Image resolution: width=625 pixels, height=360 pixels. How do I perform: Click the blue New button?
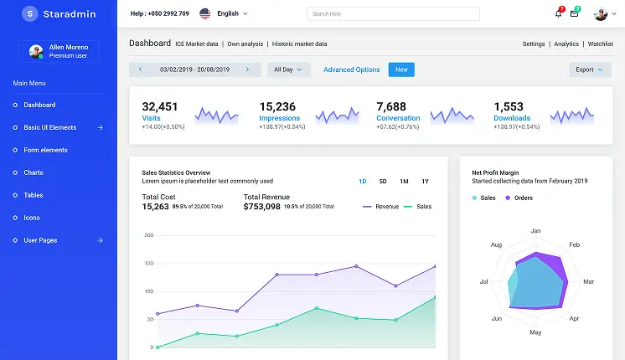401,69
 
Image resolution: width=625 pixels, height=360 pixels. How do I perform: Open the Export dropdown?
590,69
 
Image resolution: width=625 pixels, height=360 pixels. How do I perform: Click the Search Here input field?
393,13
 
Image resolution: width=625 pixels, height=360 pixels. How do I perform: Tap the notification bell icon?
559,13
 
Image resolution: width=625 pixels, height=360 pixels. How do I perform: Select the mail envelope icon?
574,13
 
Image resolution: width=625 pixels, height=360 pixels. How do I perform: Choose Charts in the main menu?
34,172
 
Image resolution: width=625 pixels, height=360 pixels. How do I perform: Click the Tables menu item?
34,195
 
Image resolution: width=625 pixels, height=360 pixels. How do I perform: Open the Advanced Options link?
352,69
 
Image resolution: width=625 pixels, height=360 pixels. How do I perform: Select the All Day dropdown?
288,69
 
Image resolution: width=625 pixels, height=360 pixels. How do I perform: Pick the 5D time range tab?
383,181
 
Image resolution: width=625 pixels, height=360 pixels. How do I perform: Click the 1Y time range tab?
426,181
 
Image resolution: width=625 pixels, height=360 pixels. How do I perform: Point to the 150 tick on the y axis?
148,263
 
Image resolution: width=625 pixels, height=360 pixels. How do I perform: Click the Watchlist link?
601,44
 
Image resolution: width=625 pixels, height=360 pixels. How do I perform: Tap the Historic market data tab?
299,44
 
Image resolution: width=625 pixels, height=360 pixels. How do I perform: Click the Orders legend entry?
519,198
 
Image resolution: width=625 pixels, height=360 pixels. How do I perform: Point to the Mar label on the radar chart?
589,281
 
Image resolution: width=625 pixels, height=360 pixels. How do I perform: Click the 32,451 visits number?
160,106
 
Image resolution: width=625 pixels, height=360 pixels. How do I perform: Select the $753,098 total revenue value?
262,207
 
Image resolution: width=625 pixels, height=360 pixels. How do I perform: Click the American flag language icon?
205,13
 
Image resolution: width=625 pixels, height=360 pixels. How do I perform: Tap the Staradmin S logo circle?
30,13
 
